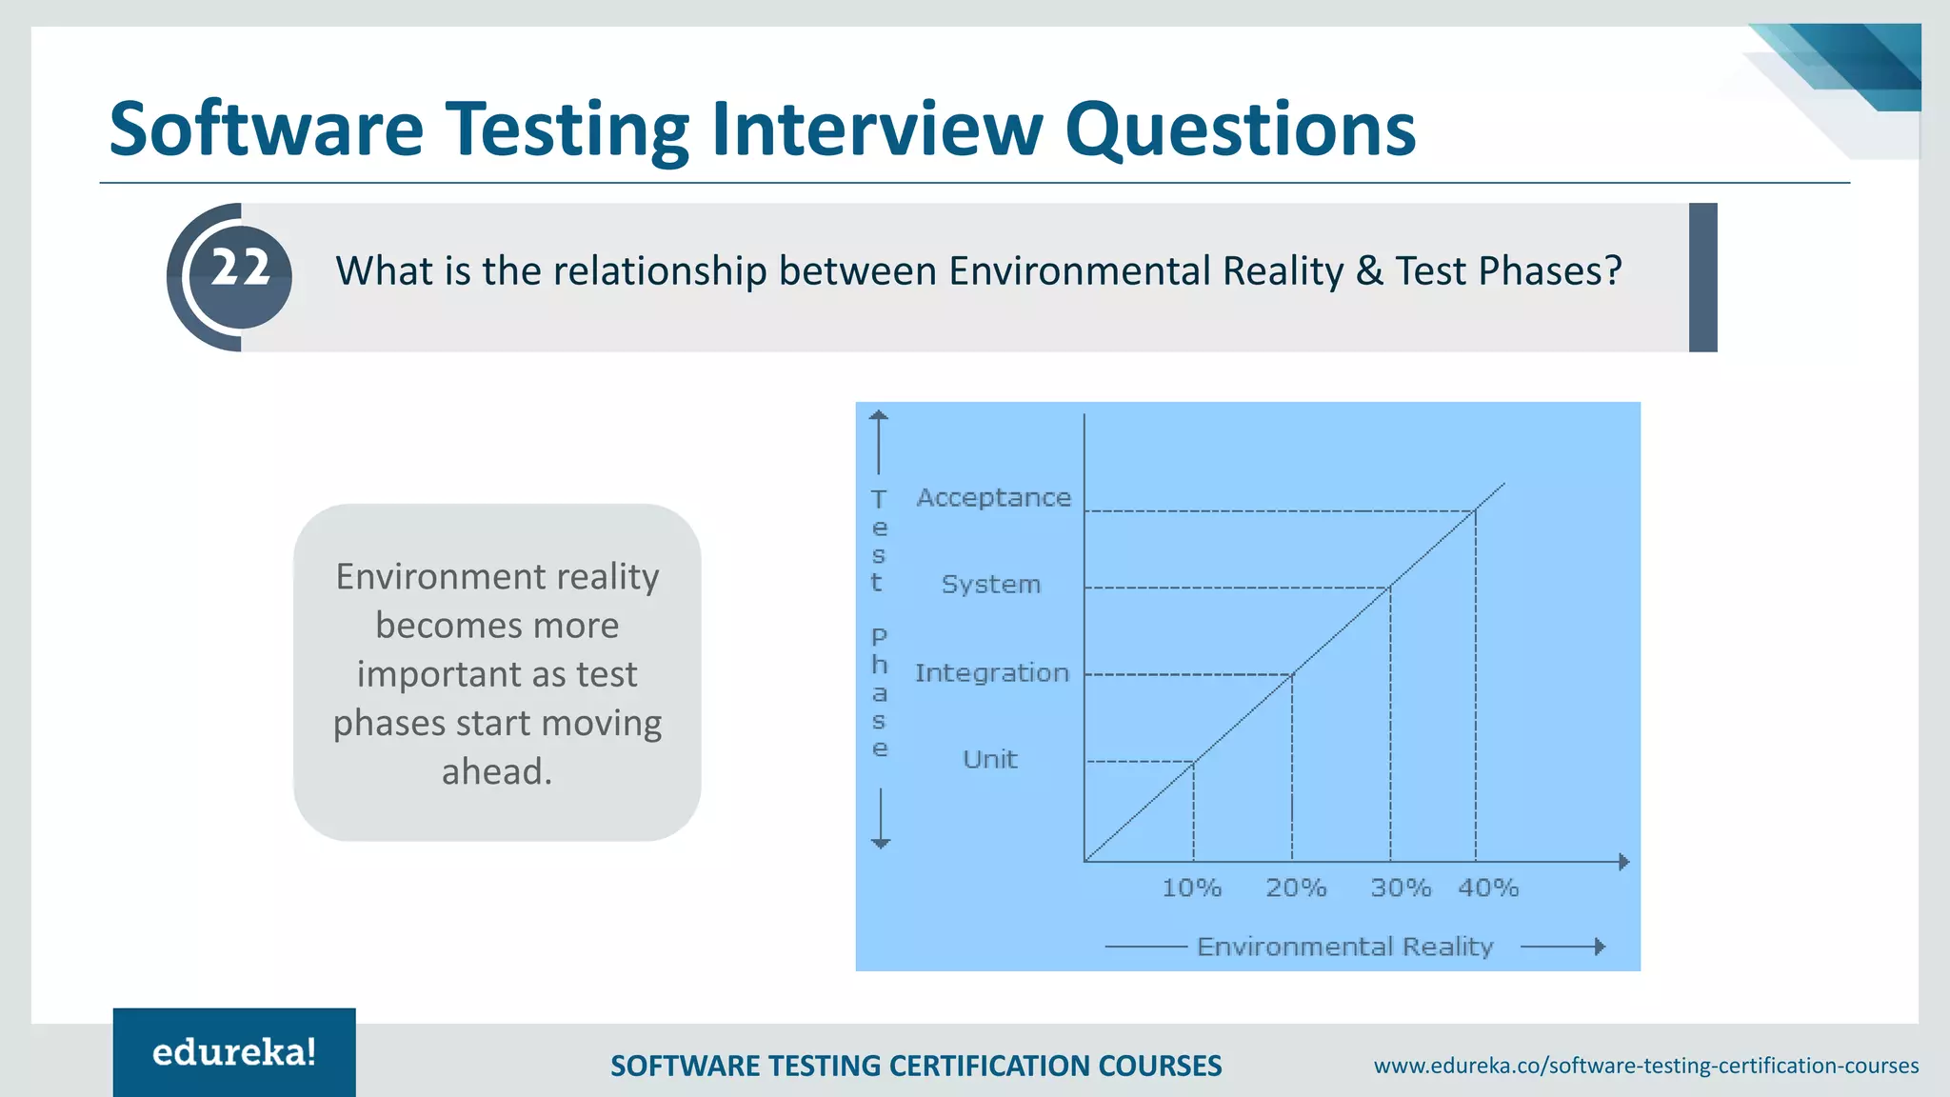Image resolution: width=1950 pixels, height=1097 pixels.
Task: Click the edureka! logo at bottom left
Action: (234, 1052)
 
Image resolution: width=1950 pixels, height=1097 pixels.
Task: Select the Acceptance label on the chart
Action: (993, 498)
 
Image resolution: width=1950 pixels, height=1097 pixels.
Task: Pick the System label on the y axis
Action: (990, 585)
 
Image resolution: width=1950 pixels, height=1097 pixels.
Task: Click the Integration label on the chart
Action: (991, 673)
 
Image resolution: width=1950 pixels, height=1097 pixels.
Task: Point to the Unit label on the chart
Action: (989, 760)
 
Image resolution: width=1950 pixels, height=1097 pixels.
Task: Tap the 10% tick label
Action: (1191, 888)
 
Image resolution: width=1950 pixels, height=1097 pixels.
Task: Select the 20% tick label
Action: (1295, 888)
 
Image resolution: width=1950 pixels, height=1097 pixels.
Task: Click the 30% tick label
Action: (1400, 888)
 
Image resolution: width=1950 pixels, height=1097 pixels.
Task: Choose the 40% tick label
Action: (1488, 888)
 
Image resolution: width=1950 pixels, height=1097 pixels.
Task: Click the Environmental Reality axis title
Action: (1344, 947)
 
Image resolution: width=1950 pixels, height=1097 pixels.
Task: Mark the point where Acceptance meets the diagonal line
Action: (1475, 511)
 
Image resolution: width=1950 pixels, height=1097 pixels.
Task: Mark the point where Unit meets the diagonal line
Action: (1193, 762)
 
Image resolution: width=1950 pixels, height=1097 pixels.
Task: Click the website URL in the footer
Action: (1645, 1066)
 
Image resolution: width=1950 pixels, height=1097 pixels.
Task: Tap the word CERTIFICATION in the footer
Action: (983, 1066)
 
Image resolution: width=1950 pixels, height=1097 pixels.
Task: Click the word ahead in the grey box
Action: (495, 771)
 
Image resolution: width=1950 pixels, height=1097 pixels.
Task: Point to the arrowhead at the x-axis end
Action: (1623, 862)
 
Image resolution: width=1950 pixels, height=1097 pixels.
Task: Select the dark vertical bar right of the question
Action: (1702, 277)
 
